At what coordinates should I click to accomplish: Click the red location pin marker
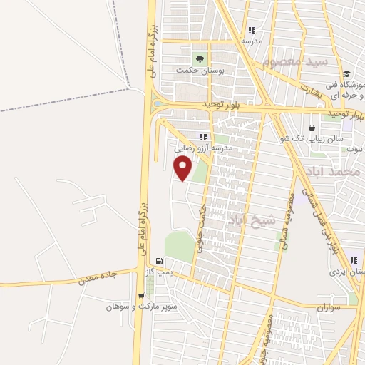[183, 169]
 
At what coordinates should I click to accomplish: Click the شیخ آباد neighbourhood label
[251, 220]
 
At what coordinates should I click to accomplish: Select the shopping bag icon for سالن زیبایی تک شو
[312, 128]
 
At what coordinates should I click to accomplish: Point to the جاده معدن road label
[93, 277]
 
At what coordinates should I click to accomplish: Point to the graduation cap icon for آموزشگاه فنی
[346, 74]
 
